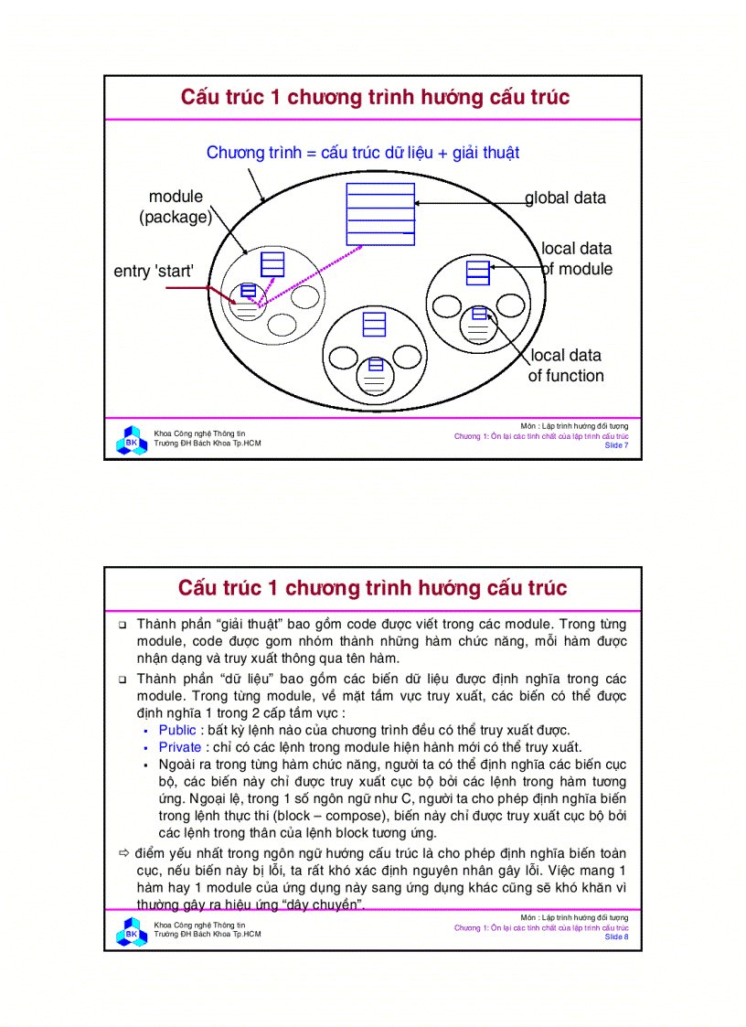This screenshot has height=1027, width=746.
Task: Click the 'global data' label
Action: [565, 198]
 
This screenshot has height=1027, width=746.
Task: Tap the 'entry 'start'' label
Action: [154, 272]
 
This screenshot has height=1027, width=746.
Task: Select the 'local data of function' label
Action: [566, 365]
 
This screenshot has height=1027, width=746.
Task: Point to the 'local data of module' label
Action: [577, 258]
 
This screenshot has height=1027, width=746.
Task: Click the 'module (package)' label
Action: [176, 207]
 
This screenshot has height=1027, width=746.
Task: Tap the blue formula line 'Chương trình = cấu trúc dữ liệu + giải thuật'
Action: [363, 153]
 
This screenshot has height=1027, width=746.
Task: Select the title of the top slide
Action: [375, 97]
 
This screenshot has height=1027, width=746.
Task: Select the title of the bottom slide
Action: [373, 587]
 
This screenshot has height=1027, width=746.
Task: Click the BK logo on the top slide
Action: [131, 439]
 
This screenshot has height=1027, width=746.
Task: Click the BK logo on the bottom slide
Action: [131, 931]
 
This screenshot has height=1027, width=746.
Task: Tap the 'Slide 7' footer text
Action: [616, 446]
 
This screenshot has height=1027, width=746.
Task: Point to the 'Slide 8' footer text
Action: [616, 937]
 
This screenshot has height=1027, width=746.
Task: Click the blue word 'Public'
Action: [177, 729]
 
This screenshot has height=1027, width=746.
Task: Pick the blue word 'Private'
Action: [179, 746]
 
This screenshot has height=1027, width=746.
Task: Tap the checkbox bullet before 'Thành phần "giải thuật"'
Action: [123, 625]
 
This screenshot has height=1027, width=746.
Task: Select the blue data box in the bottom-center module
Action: [373, 325]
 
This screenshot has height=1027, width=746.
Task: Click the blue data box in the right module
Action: [477, 272]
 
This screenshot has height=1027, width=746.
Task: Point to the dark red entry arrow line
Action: [187, 288]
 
